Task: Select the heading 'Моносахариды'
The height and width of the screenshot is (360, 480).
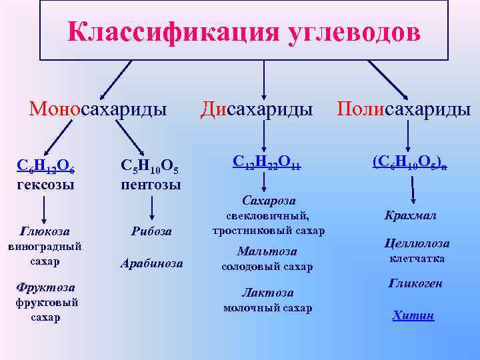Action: coord(97,108)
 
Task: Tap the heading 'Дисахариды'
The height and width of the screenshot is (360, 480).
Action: coord(257,108)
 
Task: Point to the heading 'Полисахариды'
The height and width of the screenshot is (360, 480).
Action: coord(403,108)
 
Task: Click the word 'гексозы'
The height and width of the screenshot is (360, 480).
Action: coord(45,184)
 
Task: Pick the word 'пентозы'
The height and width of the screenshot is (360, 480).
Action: coord(151,184)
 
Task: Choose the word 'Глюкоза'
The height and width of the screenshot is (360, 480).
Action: coord(45,231)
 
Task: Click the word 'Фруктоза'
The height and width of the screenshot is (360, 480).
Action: coord(45,288)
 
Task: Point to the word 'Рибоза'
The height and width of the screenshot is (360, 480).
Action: coord(151,231)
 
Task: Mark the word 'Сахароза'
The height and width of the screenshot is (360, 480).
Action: coord(269,201)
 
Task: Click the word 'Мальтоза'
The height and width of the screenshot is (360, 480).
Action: coord(267,251)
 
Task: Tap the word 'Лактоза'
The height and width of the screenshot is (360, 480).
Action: coord(267,293)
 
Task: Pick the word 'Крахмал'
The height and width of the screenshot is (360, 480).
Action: coord(410,215)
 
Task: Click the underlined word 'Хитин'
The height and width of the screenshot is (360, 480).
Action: coord(413,315)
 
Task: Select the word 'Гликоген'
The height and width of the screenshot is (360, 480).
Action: coord(415,283)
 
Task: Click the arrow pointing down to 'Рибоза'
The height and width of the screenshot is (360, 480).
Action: coord(152,209)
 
